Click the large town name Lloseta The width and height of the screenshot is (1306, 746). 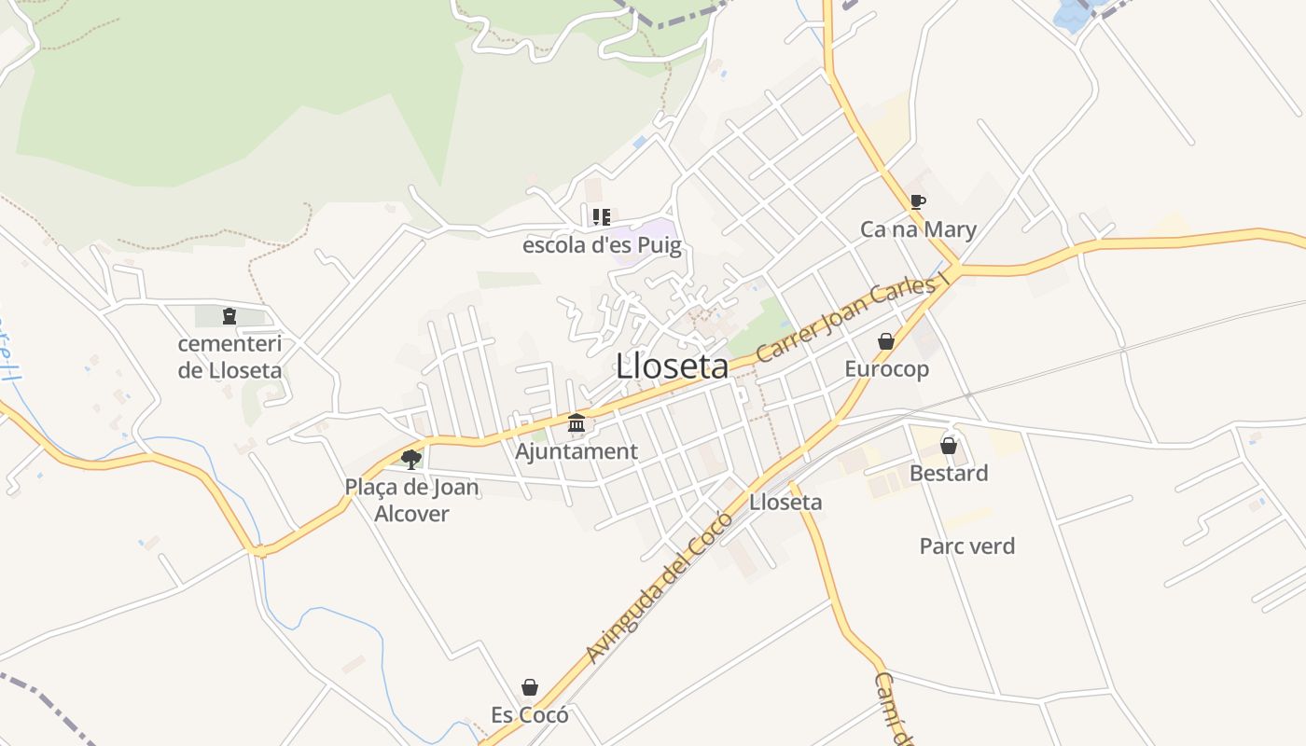point(672,366)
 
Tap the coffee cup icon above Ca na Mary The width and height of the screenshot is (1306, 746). point(918,201)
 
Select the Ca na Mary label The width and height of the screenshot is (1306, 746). point(918,229)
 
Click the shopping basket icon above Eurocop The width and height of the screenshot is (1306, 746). point(886,341)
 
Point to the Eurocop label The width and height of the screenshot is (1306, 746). point(886,369)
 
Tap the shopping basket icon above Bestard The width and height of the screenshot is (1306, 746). point(949,446)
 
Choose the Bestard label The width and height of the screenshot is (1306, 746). point(949,474)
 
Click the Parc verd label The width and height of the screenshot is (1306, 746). point(967,546)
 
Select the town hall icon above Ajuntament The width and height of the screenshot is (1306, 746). point(577,423)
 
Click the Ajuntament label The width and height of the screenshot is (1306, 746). point(577,451)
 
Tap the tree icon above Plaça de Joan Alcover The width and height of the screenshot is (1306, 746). point(410,458)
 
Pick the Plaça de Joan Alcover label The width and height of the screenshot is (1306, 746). point(411,500)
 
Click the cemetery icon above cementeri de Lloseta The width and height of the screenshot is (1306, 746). point(229,316)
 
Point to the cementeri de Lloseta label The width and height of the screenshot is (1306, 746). point(229,357)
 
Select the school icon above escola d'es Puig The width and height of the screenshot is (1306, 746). point(602,217)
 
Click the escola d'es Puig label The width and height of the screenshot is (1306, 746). point(602,246)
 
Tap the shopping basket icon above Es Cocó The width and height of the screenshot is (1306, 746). point(530,687)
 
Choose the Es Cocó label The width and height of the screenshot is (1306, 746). point(530,715)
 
